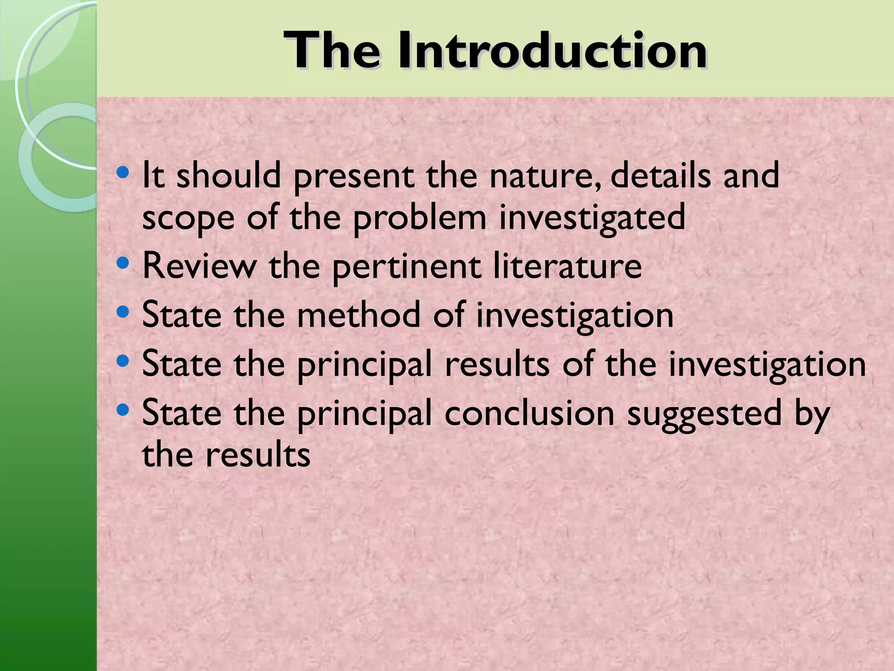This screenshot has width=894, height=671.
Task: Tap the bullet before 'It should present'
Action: pos(123,172)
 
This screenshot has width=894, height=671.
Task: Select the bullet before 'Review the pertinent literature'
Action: pos(123,263)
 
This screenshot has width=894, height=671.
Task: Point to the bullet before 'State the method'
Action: pos(123,312)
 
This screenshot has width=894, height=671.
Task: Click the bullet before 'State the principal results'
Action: pos(123,361)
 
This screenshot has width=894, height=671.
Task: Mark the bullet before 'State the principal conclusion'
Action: pos(123,410)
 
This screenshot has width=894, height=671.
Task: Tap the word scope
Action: pos(188,218)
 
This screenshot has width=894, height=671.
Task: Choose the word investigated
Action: pos(592,218)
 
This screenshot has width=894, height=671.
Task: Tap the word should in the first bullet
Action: pos(229,175)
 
